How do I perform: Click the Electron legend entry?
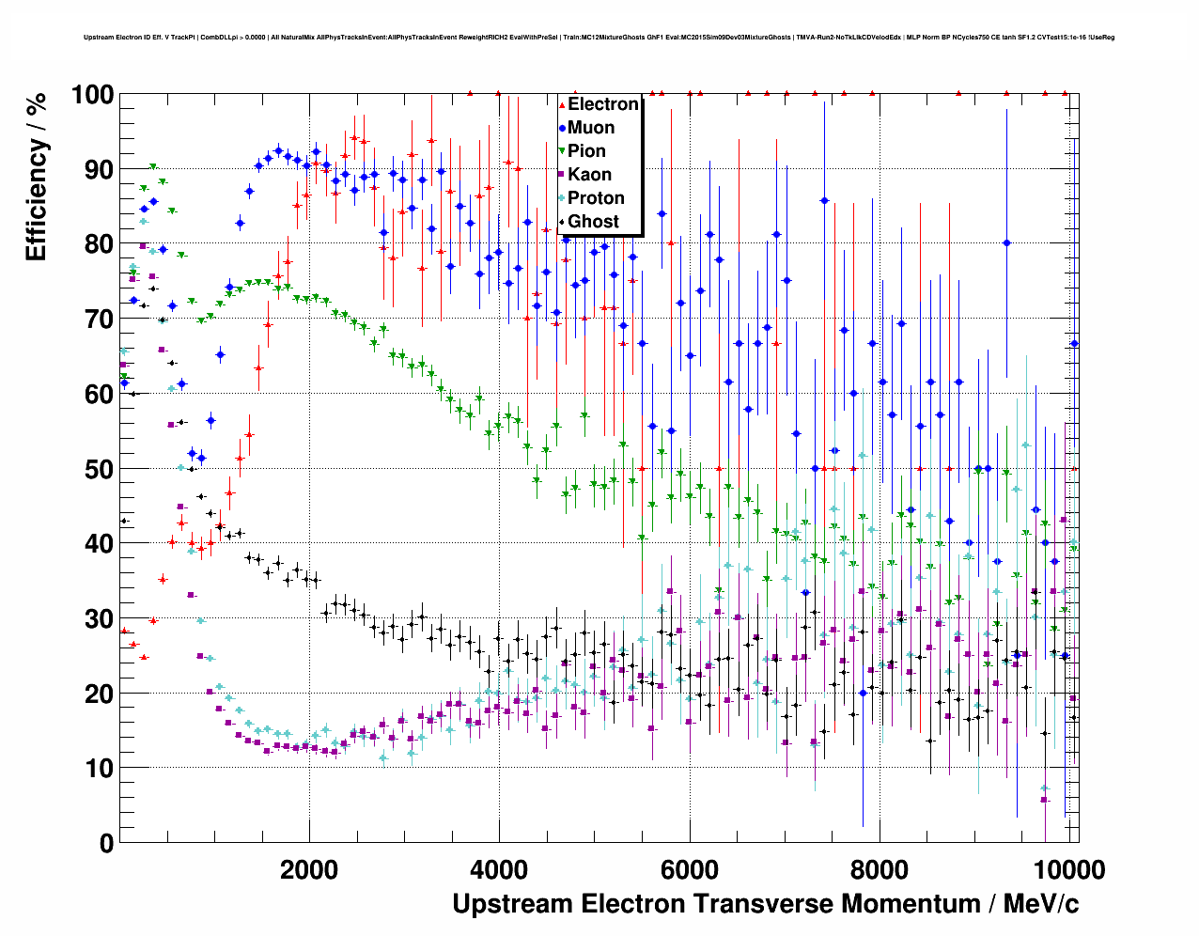[602, 104]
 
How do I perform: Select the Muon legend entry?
[591, 128]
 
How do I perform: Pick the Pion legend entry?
[586, 151]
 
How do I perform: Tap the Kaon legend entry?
[589, 175]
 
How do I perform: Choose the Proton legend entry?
[596, 198]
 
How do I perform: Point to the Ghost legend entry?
[593, 222]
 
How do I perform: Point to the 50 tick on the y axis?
[100, 469]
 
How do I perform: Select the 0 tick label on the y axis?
[106, 843]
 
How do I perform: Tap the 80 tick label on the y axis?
[100, 244]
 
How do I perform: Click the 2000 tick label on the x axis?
[309, 869]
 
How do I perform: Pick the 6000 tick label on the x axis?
[690, 869]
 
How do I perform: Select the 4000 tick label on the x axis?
[499, 869]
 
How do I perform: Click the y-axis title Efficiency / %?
[36, 177]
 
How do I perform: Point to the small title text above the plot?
[599, 38]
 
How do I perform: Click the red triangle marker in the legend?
[562, 104]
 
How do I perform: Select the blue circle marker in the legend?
[562, 128]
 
